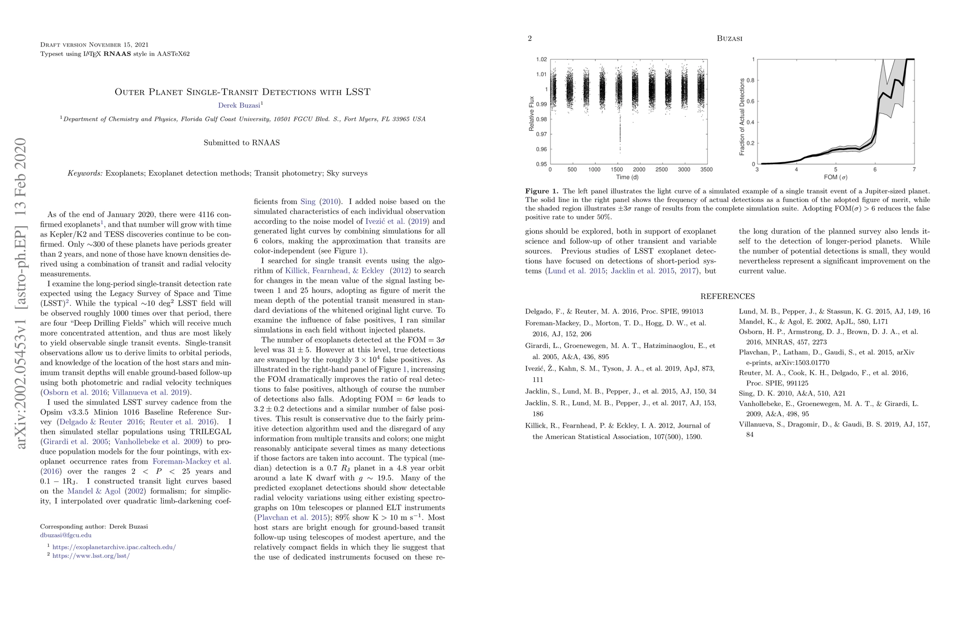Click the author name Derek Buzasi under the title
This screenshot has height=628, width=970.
pyautogui.click(x=239, y=105)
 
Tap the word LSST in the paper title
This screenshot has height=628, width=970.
pyautogui.click(x=358, y=92)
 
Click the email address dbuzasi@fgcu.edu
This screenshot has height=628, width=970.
pyautogui.click(x=66, y=535)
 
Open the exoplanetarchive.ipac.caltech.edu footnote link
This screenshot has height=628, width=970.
pyautogui.click(x=114, y=547)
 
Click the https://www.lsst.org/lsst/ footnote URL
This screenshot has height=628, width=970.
pyautogui.click(x=91, y=555)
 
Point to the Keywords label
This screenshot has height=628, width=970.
pyautogui.click(x=85, y=173)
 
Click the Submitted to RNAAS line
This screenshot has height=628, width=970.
pyautogui.click(x=242, y=143)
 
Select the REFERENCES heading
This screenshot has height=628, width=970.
pyautogui.click(x=728, y=297)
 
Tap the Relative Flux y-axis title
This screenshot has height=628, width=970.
pyautogui.click(x=532, y=113)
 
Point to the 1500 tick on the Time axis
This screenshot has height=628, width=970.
pyautogui.click(x=617, y=170)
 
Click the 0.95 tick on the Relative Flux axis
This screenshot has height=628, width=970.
pyautogui.click(x=542, y=164)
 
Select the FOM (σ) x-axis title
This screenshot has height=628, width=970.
pyautogui.click(x=836, y=177)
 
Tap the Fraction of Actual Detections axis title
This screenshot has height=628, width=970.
pyautogui.click(x=741, y=117)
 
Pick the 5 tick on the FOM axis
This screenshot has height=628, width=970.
pyautogui.click(x=836, y=170)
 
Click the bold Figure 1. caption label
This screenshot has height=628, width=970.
pyautogui.click(x=542, y=192)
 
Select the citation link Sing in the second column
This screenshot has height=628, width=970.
pyautogui.click(x=308, y=201)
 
